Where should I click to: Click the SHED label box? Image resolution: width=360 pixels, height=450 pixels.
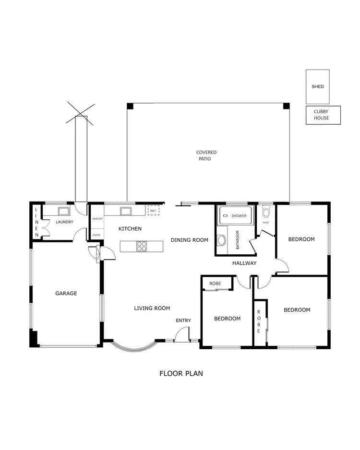click(318, 86)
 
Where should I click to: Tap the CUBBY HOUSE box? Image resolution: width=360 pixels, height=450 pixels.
click(323, 115)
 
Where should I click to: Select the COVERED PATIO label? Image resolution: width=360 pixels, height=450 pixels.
click(206, 155)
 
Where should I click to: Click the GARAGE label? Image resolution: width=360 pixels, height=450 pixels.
click(66, 293)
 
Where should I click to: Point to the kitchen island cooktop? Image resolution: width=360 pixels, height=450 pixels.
click(142, 246)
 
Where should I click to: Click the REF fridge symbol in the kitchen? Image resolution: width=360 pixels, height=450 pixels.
click(154, 210)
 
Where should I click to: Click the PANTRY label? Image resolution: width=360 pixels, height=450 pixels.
click(97, 219)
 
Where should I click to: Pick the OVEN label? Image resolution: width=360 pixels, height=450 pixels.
click(96, 235)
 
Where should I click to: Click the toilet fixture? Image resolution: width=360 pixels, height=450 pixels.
click(267, 212)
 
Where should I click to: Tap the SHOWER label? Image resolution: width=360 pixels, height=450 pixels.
click(239, 216)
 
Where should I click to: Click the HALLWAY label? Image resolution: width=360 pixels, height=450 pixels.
click(244, 263)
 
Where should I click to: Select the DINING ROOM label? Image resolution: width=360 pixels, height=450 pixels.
click(190, 240)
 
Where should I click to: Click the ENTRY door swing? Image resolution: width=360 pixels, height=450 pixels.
click(182, 334)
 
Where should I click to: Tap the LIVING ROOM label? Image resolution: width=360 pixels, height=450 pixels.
click(152, 308)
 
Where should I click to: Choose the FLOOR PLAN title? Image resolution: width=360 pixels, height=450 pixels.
click(180, 373)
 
